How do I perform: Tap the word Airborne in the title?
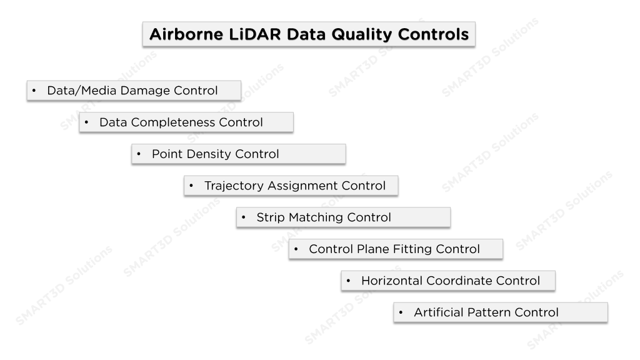pyautogui.click(x=186, y=34)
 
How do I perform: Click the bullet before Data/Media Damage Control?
pyautogui.click(x=34, y=90)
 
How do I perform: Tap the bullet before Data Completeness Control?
pyautogui.click(x=86, y=122)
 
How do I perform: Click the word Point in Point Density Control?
pyautogui.click(x=167, y=154)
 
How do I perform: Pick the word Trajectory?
pyautogui.click(x=234, y=186)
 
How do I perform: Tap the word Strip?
pyautogui.click(x=270, y=217)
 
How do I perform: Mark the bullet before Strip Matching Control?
pyautogui.click(x=243, y=217)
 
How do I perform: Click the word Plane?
pyautogui.click(x=369, y=249)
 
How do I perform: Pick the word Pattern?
pyautogui.click(x=489, y=312)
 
